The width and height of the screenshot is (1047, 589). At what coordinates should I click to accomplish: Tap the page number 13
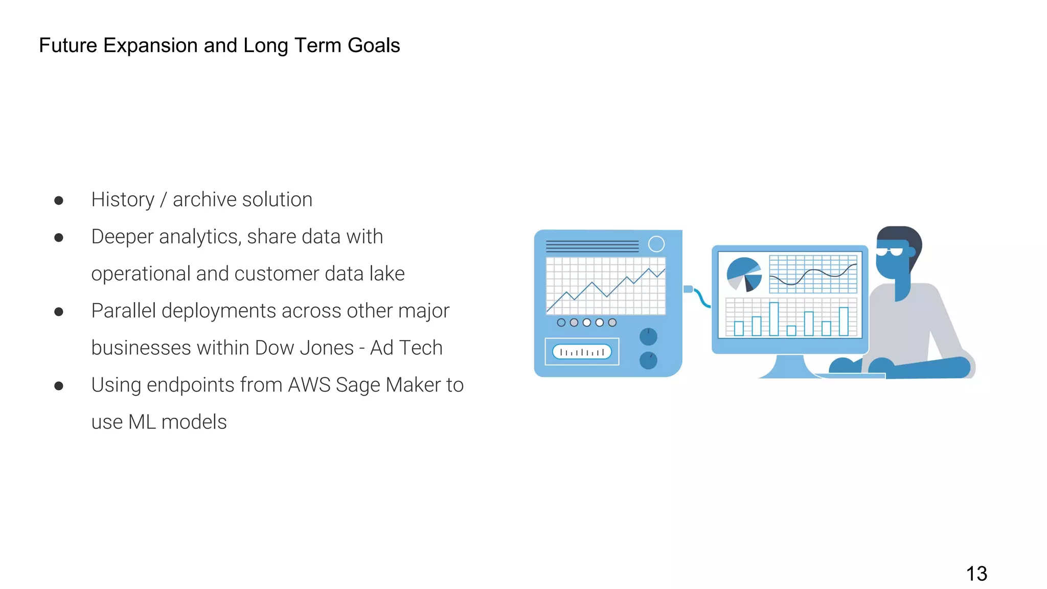[x=976, y=574]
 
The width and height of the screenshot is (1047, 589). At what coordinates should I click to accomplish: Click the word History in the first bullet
[x=123, y=200]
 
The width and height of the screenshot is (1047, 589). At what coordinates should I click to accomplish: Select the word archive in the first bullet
[x=203, y=200]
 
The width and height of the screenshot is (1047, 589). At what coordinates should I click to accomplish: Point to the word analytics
[x=199, y=237]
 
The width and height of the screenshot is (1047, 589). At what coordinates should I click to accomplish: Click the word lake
[x=387, y=274]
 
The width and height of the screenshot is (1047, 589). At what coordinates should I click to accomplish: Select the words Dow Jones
[x=304, y=348]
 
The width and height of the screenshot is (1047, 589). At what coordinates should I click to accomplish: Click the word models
[x=194, y=422]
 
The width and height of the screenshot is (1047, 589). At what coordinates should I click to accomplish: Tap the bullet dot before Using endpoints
[x=59, y=386]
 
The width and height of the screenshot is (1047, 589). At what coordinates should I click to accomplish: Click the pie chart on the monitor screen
[x=744, y=274]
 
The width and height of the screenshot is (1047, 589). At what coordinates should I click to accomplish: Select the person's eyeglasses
[x=891, y=251]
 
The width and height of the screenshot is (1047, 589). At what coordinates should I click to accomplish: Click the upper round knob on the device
[x=648, y=336]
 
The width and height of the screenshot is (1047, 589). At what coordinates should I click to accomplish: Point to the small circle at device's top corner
[x=656, y=244]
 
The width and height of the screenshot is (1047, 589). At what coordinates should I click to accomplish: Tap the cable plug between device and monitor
[x=689, y=289]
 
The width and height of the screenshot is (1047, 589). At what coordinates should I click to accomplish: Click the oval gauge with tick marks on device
[x=582, y=352]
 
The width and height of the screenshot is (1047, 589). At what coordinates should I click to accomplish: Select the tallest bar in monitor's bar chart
[x=774, y=319]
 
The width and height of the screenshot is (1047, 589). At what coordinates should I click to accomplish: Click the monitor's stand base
[x=787, y=369]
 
